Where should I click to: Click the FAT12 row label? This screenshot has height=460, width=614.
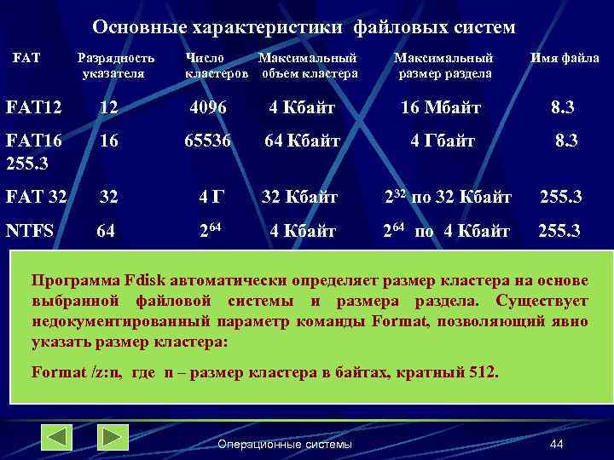33,108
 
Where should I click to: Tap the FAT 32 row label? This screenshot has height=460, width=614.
36,197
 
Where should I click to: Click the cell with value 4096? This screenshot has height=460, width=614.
208,108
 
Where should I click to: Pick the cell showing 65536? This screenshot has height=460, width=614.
208,141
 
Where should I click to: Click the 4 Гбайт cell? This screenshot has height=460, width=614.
443,141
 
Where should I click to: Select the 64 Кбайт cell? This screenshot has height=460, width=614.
302,141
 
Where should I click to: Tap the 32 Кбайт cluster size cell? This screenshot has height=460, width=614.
299,197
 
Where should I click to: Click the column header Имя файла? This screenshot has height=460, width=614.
565,59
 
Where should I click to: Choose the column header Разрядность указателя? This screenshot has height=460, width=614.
116,66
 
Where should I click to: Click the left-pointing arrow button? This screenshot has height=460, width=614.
57,438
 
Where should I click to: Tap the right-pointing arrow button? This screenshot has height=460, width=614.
113,438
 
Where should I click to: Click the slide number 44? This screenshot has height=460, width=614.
557,444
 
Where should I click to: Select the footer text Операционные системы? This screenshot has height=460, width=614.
285,444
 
